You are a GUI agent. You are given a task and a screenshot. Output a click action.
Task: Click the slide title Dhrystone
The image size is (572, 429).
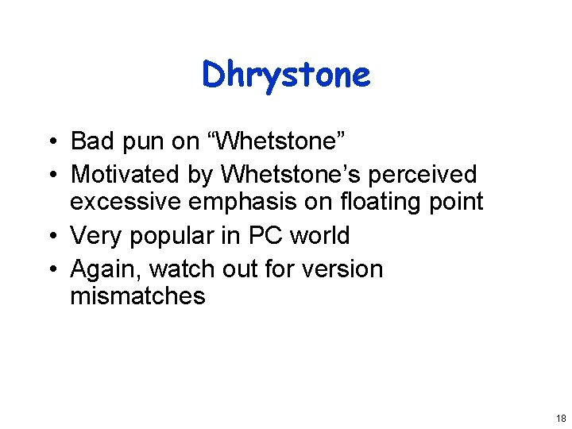(286, 75)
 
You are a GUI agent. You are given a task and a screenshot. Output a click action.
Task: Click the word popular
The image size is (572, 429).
(182, 236)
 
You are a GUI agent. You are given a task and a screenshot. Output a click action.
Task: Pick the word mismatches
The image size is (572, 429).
(137, 296)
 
